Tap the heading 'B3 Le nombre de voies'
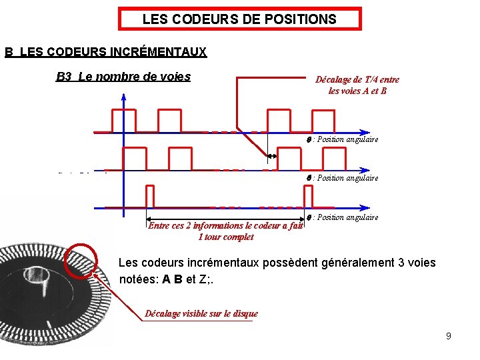click(123, 76)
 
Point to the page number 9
click(449, 336)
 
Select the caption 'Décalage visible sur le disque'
click(201, 313)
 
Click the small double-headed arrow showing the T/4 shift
click(272, 157)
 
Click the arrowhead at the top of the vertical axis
click(124, 96)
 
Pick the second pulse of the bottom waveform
click(307, 196)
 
